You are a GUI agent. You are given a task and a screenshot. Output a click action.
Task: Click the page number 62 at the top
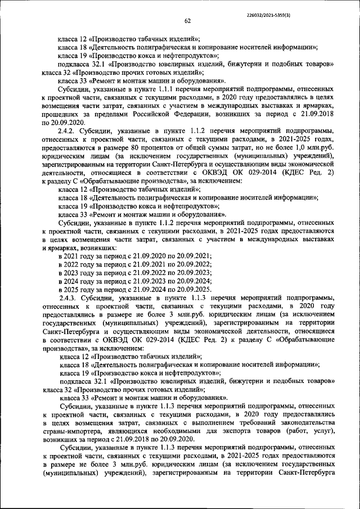click(188, 21)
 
